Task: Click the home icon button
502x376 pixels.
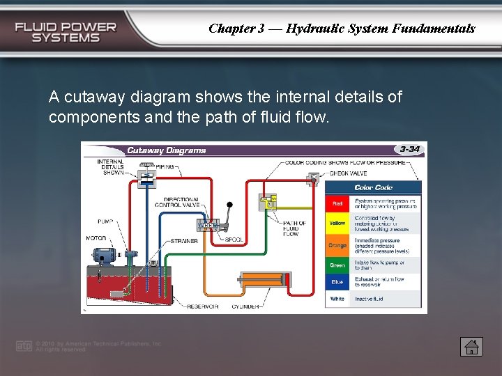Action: (471, 346)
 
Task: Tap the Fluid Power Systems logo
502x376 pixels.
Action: (66, 32)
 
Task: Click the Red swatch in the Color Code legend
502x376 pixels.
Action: (337, 203)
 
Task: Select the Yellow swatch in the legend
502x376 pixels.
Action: (337, 223)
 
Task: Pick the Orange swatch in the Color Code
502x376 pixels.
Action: (337, 245)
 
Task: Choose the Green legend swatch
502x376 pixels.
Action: (337, 265)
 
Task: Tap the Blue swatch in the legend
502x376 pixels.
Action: (337, 282)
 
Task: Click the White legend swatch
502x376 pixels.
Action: (337, 299)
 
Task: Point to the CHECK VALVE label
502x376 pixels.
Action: (348, 173)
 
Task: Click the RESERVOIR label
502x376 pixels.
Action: (202, 306)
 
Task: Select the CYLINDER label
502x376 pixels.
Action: (246, 306)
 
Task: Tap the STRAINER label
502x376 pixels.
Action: (184, 241)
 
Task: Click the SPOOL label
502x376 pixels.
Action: (234, 240)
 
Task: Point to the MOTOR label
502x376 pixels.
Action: (96, 238)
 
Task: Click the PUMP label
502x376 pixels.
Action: (105, 222)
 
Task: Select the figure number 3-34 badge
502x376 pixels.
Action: (409, 149)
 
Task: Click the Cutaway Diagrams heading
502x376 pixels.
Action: (166, 150)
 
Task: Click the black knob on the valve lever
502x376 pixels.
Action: (229, 205)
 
